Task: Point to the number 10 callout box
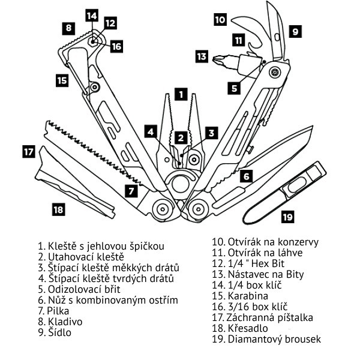pyautogui.click(x=220, y=19)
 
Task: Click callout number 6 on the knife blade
pyautogui.click(x=245, y=176)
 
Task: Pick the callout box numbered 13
pyautogui.click(x=202, y=57)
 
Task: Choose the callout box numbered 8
pyautogui.click(x=70, y=28)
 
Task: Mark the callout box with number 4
pyautogui.click(x=152, y=131)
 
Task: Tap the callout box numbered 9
pyautogui.click(x=295, y=30)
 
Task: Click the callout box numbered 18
pyautogui.click(x=58, y=209)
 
